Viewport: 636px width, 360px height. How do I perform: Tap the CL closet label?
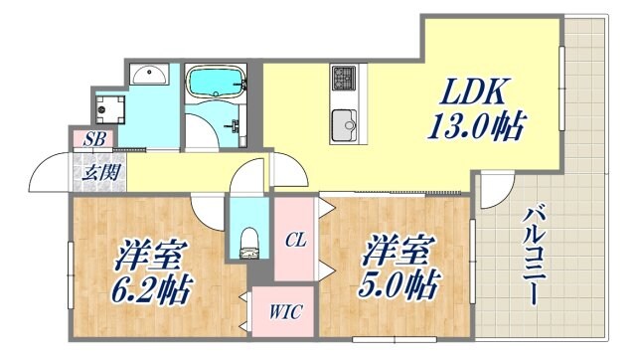(295, 239)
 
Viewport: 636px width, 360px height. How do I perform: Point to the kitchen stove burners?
(344, 78)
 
